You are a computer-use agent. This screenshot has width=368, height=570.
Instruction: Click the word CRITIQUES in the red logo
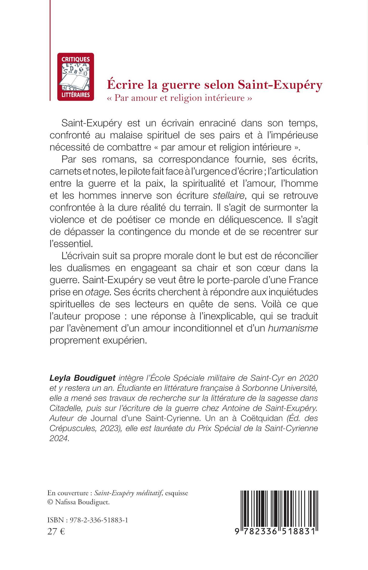coord(75,59)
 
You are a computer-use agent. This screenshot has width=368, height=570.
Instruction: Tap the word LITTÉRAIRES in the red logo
coord(75,95)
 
